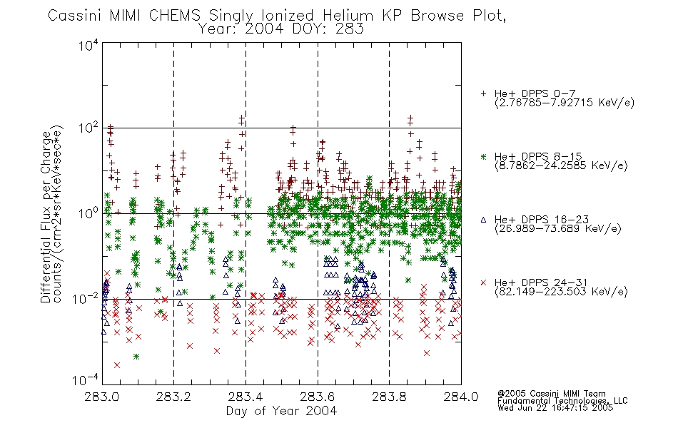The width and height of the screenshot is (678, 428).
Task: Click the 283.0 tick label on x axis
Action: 102,397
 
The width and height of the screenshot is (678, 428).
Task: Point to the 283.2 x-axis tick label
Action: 174,397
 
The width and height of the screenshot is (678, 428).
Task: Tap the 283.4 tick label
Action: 246,397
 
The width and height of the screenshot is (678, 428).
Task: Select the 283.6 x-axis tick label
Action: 318,397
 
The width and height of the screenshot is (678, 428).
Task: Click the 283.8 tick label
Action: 389,397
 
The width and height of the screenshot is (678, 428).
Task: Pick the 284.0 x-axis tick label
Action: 461,397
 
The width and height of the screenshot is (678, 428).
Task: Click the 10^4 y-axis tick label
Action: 88,45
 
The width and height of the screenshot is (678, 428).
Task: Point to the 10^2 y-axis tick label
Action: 88,128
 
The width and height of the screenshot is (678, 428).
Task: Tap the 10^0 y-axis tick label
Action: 88,213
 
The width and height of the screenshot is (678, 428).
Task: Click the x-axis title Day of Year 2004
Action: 281,411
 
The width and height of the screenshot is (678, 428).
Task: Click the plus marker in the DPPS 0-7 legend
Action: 483,93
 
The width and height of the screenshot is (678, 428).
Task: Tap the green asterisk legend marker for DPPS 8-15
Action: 483,156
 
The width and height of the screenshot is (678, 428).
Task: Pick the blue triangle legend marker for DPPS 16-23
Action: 483,220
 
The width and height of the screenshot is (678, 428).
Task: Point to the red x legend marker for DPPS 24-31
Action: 483,282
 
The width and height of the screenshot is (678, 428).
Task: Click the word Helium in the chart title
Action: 348,16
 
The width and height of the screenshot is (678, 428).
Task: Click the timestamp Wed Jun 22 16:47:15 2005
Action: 555,408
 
